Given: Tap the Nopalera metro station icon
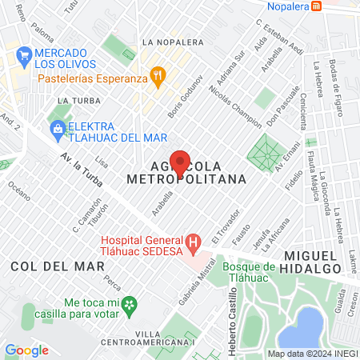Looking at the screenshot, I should click(318, 6).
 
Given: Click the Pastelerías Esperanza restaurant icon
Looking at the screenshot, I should click(159, 78).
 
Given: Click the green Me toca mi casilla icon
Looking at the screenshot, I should click(134, 305).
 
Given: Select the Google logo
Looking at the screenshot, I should click(26, 350).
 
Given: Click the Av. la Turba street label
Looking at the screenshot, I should click(79, 169).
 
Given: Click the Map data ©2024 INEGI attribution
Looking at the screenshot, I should click(312, 354).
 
